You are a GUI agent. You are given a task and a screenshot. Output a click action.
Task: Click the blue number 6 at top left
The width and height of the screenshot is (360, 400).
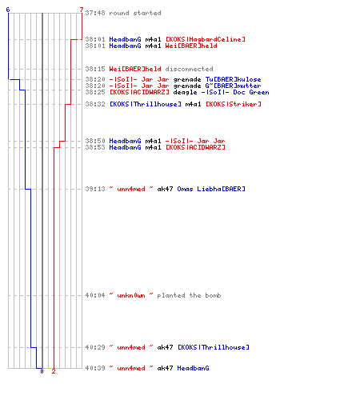point(8,10)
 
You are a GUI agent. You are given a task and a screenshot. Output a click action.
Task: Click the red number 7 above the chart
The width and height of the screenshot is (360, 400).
point(82,10)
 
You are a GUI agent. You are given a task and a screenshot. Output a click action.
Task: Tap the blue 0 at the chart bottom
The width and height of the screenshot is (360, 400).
point(42,371)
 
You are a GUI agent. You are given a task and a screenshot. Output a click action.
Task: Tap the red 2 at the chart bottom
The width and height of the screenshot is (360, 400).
point(54,371)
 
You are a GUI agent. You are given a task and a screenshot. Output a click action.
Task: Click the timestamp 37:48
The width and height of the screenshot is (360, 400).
point(95,13)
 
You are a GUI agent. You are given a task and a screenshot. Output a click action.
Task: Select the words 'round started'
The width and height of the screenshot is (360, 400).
point(135,13)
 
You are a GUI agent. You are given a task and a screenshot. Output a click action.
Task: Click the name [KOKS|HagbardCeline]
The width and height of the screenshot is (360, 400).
point(206,39)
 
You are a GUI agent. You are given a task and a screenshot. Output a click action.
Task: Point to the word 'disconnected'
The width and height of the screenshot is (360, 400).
point(189,69)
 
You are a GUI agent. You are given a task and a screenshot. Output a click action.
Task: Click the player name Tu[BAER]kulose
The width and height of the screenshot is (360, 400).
point(233,79)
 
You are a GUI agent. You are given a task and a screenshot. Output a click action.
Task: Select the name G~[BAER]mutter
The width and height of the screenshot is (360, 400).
point(233,86)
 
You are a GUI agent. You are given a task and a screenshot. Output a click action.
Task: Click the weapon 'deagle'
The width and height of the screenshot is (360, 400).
point(185,92)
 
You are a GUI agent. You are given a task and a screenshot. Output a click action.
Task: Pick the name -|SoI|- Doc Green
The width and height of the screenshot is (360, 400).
point(235,92)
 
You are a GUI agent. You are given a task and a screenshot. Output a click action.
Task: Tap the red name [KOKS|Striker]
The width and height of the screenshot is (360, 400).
point(234,104)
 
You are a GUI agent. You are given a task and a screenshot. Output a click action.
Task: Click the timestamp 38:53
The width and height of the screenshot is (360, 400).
point(95,147)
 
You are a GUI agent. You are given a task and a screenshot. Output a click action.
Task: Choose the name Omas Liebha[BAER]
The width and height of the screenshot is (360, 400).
point(211,189)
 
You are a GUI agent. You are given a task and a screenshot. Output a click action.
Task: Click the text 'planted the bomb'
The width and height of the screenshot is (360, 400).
point(189,295)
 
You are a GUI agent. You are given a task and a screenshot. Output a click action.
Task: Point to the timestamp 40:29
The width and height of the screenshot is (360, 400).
point(95,347)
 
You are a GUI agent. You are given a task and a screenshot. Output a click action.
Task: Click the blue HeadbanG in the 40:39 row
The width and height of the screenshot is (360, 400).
point(193,368)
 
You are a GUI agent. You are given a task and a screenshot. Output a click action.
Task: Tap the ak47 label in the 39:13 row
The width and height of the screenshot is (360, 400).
point(165,189)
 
